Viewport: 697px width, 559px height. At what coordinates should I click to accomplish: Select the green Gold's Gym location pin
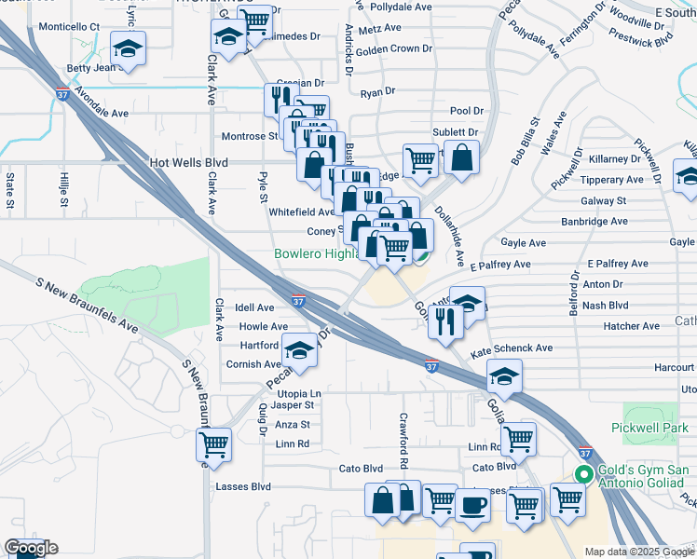(x=584, y=474)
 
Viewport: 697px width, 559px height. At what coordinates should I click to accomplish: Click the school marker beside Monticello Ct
(x=129, y=47)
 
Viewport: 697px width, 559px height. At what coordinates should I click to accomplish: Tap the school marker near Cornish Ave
(x=300, y=350)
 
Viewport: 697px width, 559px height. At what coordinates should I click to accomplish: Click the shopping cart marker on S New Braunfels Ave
(x=213, y=444)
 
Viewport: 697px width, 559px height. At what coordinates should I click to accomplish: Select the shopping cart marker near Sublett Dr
(x=420, y=159)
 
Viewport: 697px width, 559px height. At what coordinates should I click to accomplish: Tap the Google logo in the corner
(x=31, y=548)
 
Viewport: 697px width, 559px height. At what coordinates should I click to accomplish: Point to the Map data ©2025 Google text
(x=639, y=552)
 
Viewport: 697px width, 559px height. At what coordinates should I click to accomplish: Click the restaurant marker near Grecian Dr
(x=278, y=97)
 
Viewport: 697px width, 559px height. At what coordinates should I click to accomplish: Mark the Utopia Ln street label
(x=296, y=395)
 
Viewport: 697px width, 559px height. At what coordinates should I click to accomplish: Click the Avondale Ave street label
(x=102, y=106)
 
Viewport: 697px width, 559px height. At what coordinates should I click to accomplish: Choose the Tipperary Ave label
(x=611, y=180)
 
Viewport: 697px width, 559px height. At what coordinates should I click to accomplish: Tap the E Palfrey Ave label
(x=499, y=265)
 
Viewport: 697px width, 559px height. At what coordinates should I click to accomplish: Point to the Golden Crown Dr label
(x=394, y=48)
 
